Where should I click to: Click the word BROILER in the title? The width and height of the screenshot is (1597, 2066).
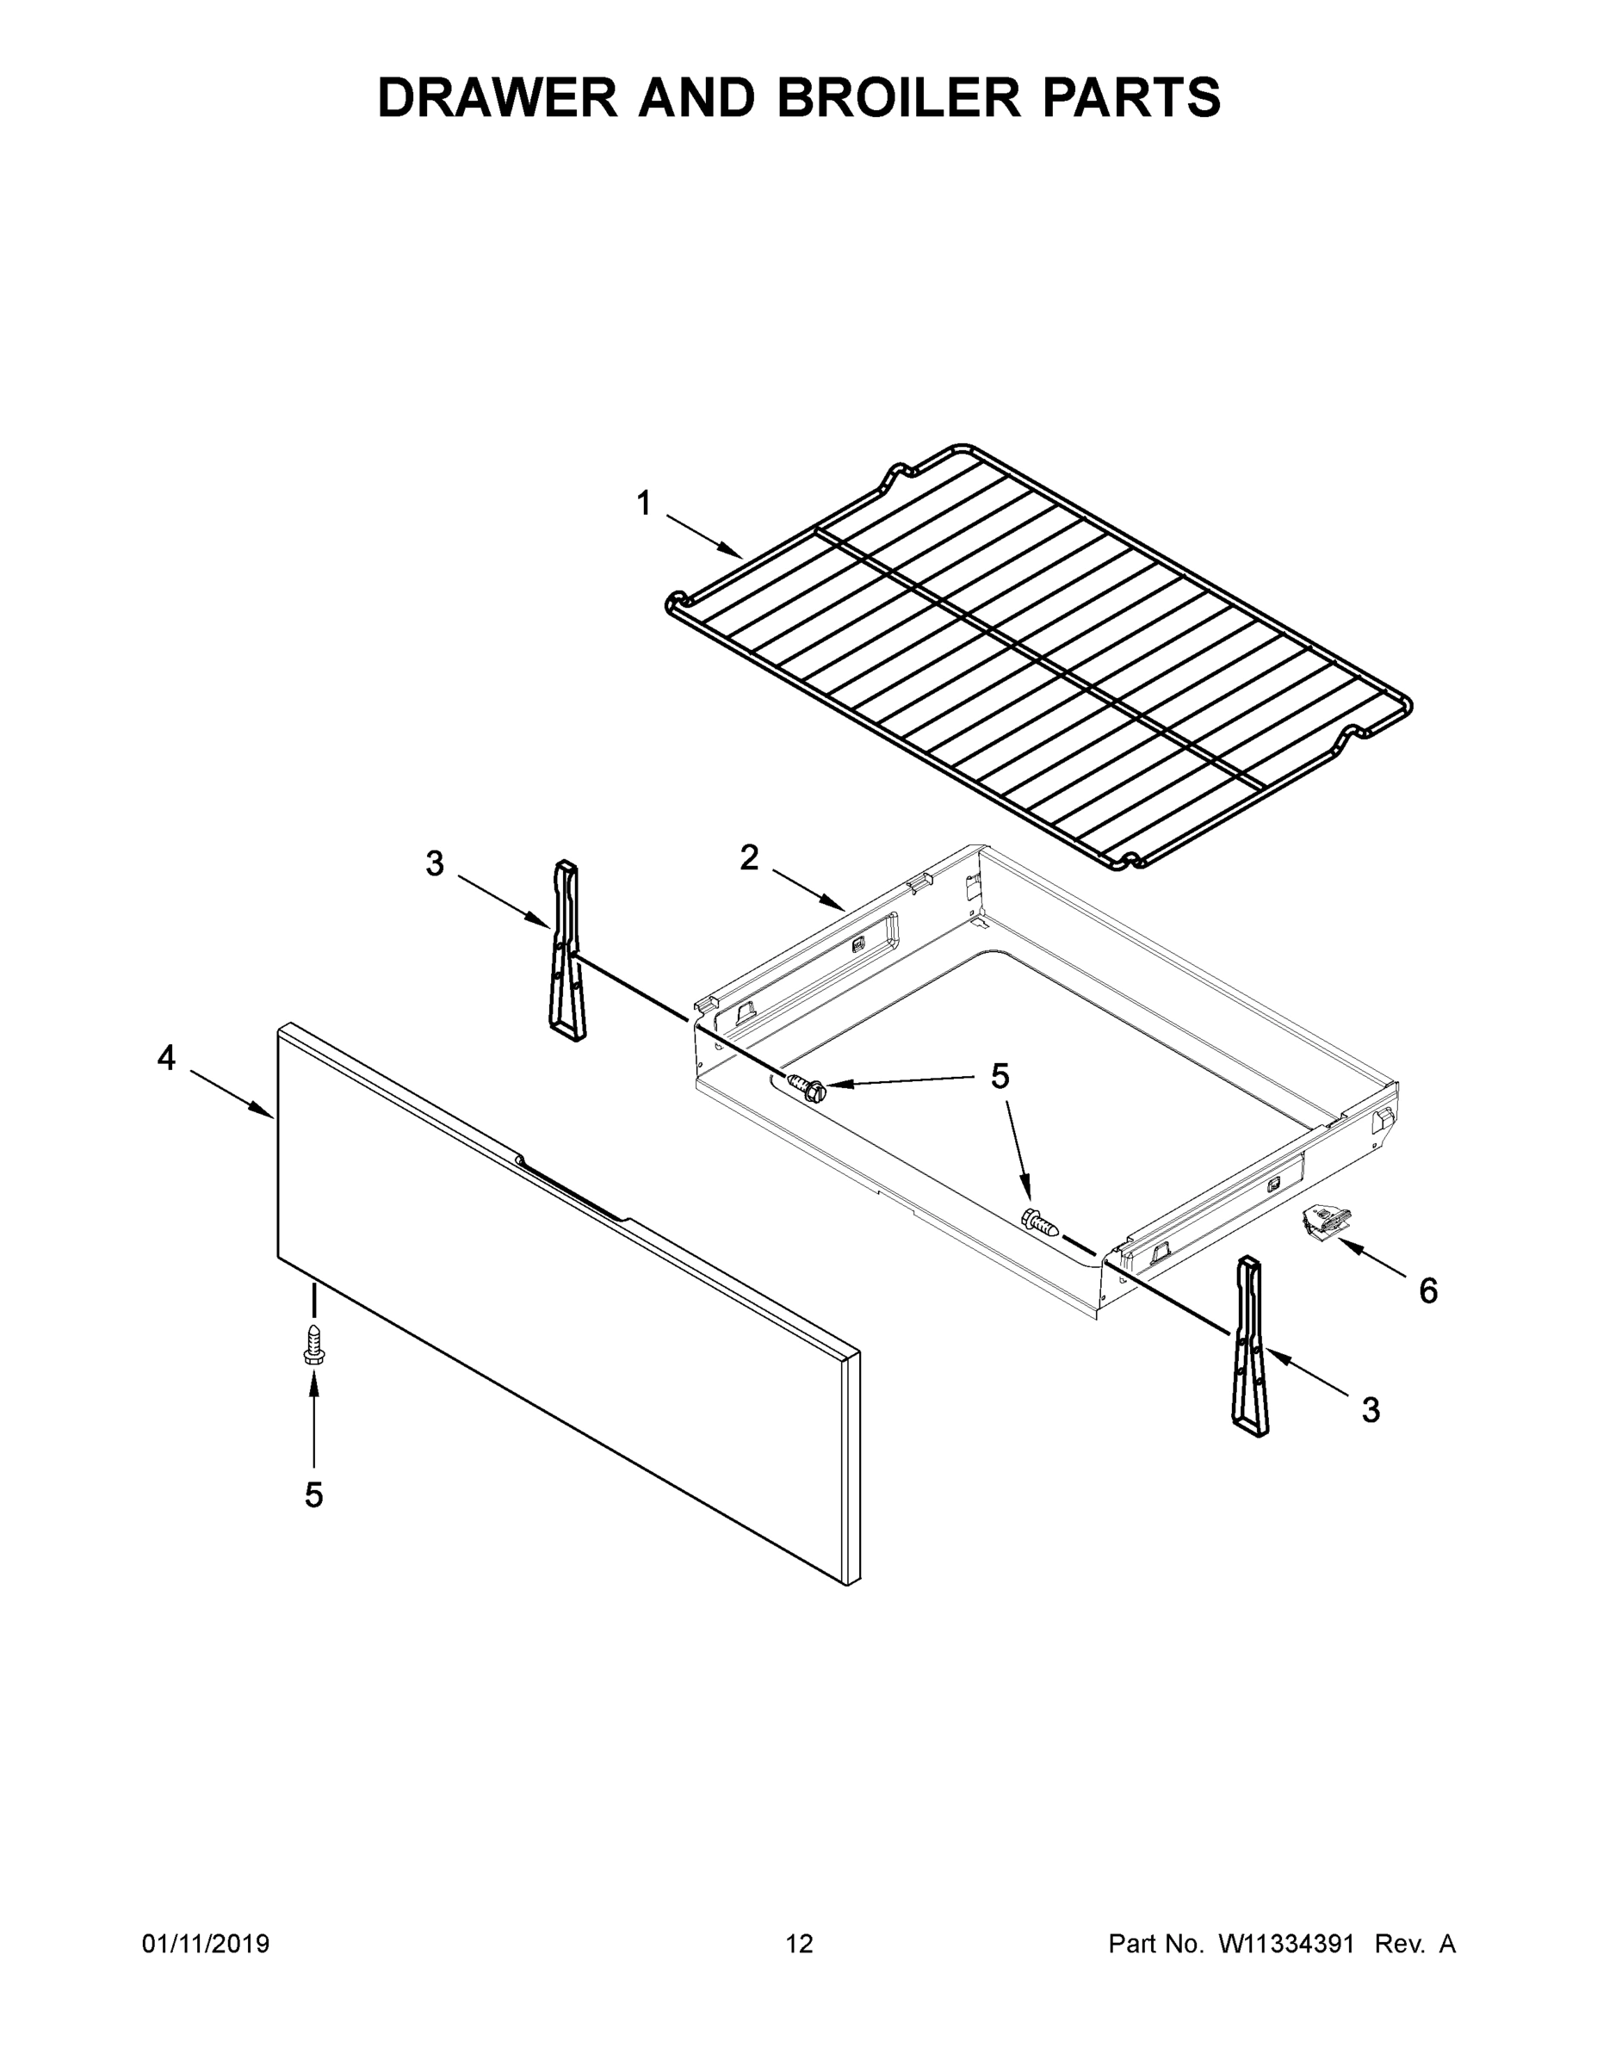click(899, 97)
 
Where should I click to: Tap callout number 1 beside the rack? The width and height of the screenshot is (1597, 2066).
click(643, 504)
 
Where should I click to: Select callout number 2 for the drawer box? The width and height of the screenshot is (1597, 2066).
click(748, 858)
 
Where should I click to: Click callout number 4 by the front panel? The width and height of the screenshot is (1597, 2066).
click(166, 1058)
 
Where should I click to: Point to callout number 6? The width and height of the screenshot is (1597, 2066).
click(1427, 1290)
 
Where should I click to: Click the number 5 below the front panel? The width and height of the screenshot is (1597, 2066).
click(313, 1494)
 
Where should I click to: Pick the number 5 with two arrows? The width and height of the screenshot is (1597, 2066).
click(999, 1077)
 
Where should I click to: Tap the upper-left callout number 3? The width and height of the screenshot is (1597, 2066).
click(434, 863)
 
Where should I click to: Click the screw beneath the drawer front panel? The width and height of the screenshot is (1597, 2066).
click(313, 1345)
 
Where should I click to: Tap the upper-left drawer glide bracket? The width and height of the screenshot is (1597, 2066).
click(566, 951)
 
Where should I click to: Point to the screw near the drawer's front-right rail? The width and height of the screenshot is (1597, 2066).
click(1041, 1224)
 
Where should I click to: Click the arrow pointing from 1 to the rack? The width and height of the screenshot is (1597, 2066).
click(704, 536)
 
